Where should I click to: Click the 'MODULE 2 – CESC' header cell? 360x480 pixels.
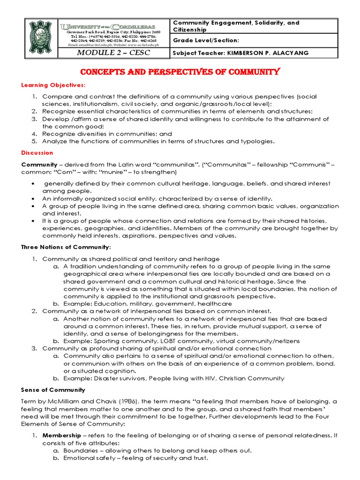(114, 52)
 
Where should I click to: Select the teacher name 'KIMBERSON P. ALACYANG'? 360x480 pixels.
(268, 53)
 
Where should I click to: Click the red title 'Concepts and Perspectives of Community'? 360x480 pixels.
(180, 72)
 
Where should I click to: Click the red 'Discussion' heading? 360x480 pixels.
(37, 153)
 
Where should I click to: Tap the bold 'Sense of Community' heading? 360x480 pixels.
(53, 390)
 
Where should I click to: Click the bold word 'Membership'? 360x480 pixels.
(60, 435)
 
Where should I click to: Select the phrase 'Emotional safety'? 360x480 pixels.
(88, 458)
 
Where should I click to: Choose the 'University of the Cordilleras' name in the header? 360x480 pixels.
(114, 26)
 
